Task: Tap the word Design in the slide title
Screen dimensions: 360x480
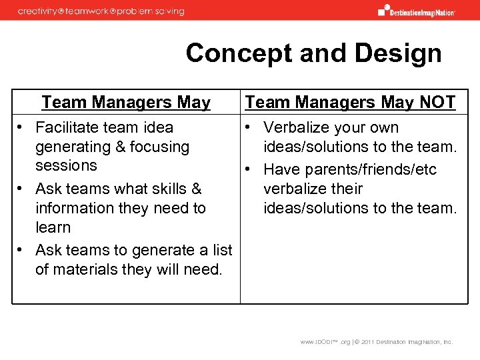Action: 401,53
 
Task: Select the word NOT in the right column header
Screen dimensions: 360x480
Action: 437,102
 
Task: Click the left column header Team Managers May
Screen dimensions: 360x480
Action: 125,102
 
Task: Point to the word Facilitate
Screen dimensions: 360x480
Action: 70,127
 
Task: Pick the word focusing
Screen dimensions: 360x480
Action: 157,147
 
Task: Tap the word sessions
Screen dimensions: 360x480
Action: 66,165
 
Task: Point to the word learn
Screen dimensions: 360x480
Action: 53,227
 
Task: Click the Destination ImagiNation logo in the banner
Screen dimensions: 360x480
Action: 417,10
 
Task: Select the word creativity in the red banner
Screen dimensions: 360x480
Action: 41,11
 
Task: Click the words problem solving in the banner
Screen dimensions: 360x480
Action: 157,11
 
